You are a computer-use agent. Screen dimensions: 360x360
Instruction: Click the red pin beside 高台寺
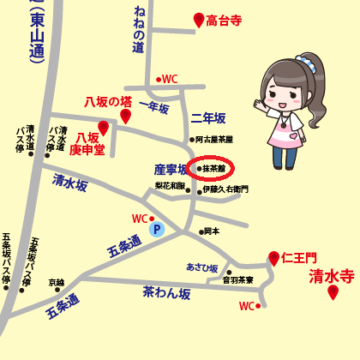[199, 20]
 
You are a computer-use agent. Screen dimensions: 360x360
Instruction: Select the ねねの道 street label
[139, 30]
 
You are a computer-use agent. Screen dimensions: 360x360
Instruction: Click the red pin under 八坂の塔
[126, 116]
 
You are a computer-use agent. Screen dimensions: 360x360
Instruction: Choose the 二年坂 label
[208, 118]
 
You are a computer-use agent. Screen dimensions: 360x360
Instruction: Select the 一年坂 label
[153, 109]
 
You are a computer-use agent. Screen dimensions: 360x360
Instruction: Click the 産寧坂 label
[171, 170]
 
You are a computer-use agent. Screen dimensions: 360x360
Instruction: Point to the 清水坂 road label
[70, 182]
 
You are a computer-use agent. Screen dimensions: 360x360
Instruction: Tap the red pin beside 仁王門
[273, 258]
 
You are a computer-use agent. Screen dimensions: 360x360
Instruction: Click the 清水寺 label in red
[332, 276]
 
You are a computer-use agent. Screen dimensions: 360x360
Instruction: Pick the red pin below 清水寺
[333, 293]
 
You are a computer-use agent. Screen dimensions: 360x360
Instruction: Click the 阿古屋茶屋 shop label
[213, 139]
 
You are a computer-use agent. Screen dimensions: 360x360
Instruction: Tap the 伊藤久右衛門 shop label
[225, 189]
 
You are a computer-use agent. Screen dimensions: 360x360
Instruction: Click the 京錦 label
[56, 282]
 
